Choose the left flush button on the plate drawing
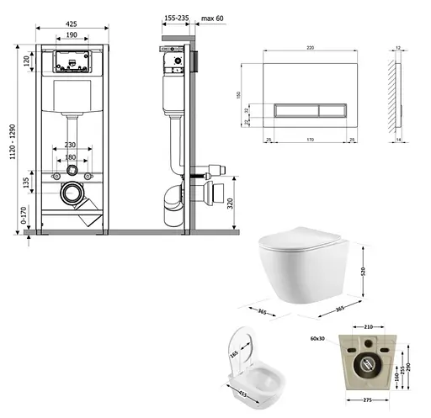[292, 109]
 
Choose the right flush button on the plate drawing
[328, 109]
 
